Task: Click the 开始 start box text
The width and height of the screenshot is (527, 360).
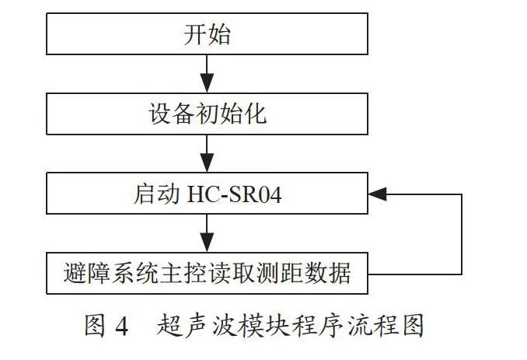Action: [x=207, y=34]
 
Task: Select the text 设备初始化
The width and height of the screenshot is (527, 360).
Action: [x=208, y=114]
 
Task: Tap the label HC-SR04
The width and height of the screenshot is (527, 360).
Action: [x=234, y=194]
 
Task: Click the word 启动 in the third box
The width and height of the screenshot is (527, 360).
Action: [x=156, y=194]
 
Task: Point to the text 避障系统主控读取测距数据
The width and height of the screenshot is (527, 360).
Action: [x=207, y=273]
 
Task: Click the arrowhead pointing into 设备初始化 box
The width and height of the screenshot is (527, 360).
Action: [x=207, y=82]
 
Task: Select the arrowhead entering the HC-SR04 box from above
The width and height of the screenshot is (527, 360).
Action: [x=207, y=163]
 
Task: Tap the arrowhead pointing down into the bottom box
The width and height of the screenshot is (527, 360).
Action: [x=207, y=243]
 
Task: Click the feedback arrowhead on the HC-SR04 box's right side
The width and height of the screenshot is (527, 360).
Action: [x=378, y=194]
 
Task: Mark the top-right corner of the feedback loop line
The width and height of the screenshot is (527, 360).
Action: [x=462, y=194]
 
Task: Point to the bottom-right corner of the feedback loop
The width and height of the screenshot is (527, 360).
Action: [x=462, y=274]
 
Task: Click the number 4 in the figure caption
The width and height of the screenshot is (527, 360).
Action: [x=121, y=326]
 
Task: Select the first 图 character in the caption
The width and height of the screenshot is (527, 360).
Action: [x=95, y=325]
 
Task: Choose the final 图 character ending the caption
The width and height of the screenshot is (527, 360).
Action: [x=413, y=325]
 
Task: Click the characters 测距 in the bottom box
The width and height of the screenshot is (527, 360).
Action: [x=279, y=273]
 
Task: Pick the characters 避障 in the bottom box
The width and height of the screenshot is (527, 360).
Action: [x=87, y=273]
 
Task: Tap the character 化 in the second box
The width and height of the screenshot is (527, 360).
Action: [x=256, y=114]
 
